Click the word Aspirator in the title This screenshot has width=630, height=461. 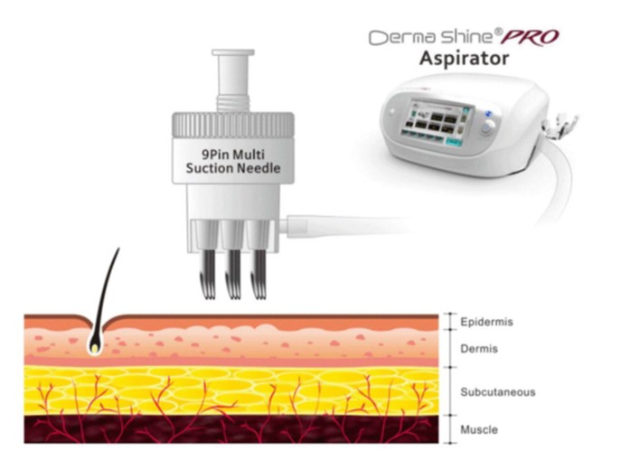[x=464, y=59]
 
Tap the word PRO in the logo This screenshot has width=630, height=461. [x=530, y=37]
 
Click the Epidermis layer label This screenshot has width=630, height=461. [x=486, y=322]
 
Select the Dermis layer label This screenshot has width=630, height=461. [x=479, y=349]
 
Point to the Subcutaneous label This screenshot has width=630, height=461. [x=498, y=392]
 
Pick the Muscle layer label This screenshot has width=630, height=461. [x=479, y=429]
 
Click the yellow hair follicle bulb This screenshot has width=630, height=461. [x=95, y=348]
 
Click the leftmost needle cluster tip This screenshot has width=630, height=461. [x=208, y=296]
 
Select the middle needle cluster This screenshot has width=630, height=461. [x=233, y=275]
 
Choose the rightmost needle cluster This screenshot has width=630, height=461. [x=259, y=275]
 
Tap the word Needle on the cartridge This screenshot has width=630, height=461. [x=260, y=168]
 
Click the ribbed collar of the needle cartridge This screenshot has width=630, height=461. [x=233, y=126]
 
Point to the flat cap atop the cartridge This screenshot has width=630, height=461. [x=233, y=52]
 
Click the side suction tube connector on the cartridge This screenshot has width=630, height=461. [x=296, y=226]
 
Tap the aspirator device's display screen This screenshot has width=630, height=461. [x=438, y=119]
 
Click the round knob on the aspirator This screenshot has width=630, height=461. [x=487, y=128]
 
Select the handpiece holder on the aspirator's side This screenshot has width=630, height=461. [x=559, y=126]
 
